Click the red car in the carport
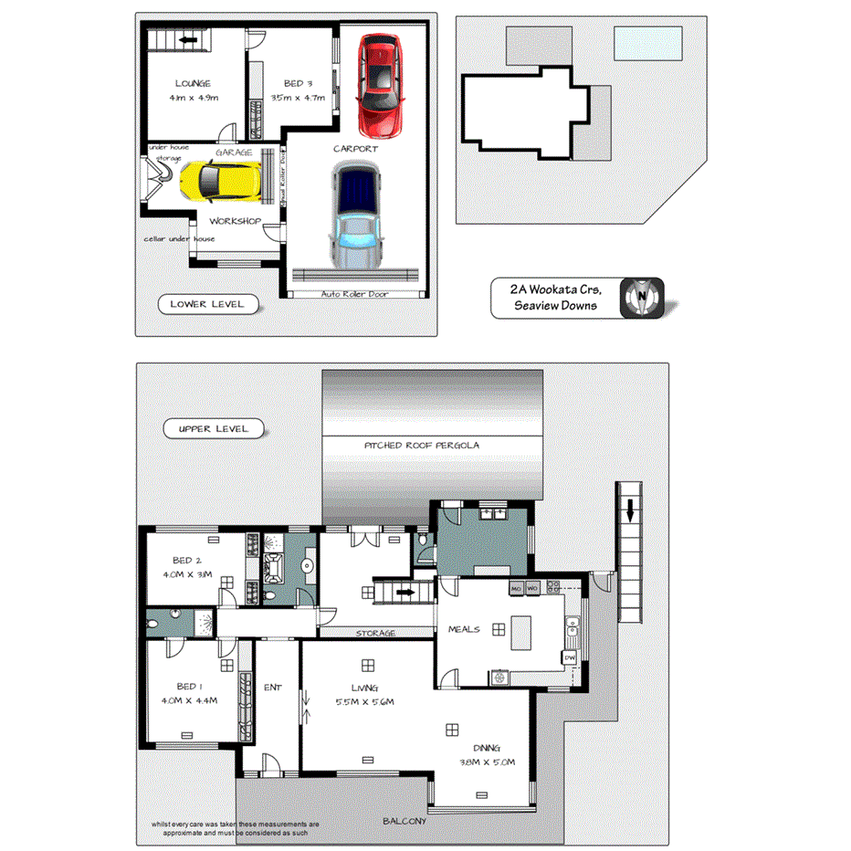click(378, 84)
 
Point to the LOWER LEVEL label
click(207, 304)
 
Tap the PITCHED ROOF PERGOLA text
click(422, 446)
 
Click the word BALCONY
click(404, 821)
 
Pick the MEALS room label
click(464, 629)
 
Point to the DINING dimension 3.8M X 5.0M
click(487, 761)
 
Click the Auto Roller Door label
click(356, 294)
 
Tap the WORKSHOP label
click(235, 222)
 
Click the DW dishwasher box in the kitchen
click(569, 657)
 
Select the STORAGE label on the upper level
click(374, 633)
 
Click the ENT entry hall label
click(272, 688)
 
